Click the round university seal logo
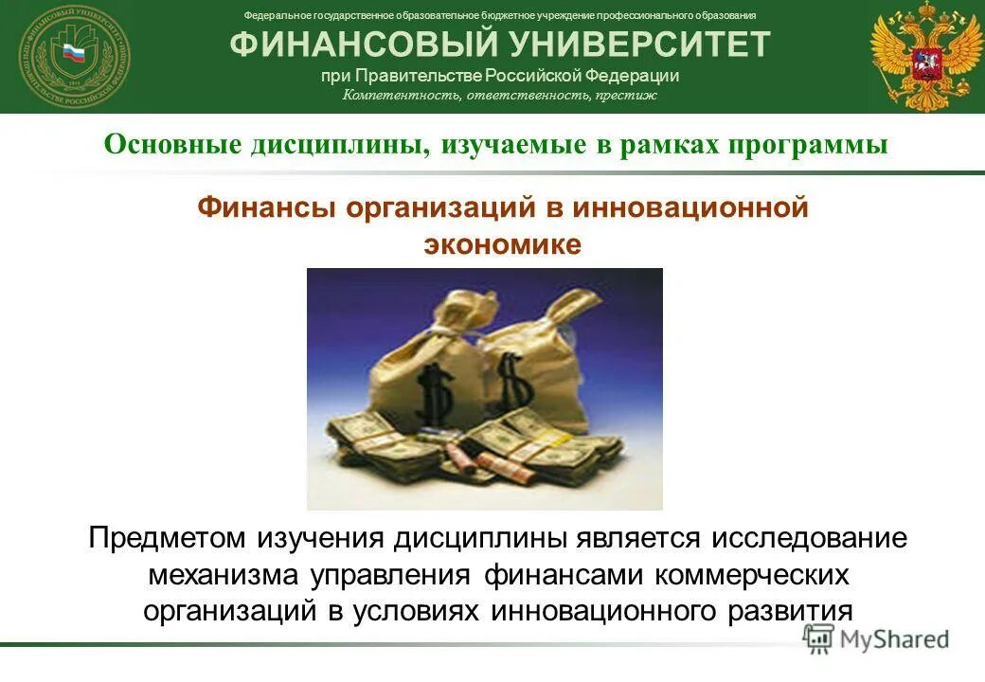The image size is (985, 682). [x=74, y=56]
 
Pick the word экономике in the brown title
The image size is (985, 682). [x=502, y=243]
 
